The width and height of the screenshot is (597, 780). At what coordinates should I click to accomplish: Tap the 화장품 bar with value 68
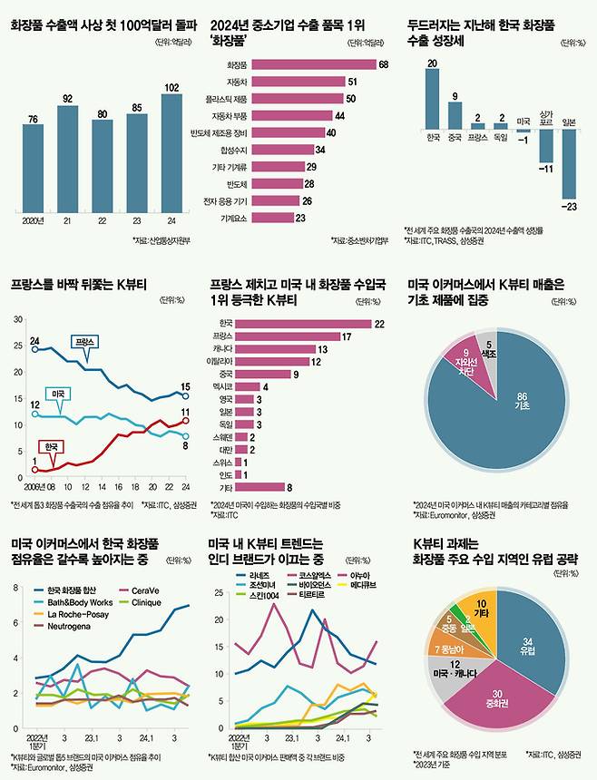313,64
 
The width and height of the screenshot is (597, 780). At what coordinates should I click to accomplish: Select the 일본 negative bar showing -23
569,164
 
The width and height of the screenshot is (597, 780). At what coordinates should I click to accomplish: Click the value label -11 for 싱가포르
545,169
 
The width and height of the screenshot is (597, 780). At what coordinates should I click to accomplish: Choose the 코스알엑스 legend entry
308,575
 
